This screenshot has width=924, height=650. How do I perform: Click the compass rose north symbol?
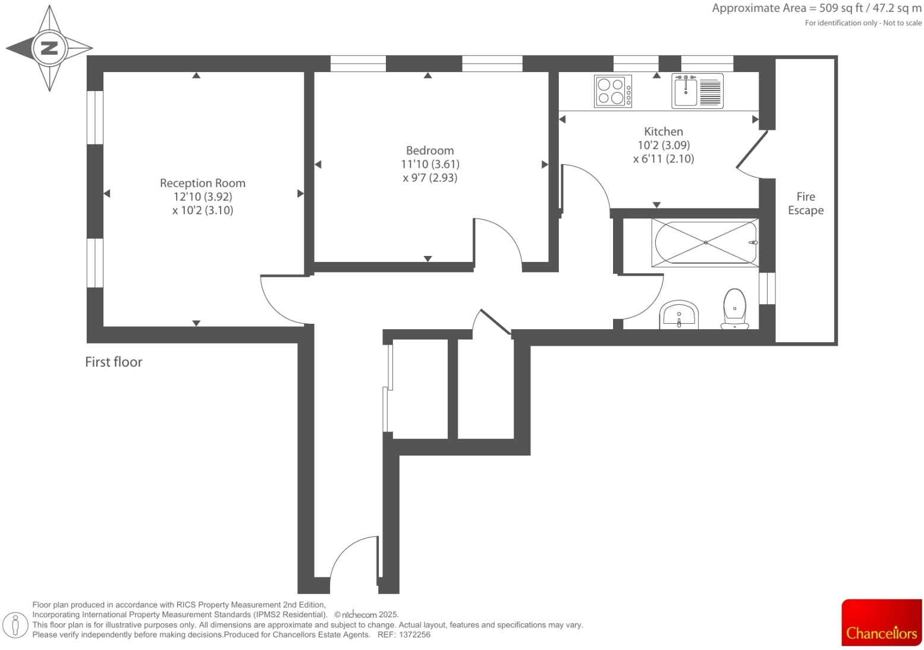click(x=49, y=48)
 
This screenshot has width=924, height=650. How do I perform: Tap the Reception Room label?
click(x=202, y=183)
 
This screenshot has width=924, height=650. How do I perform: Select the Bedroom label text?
click(x=429, y=151)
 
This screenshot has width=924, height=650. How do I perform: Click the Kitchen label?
click(x=663, y=132)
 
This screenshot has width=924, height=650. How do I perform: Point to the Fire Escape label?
click(x=805, y=203)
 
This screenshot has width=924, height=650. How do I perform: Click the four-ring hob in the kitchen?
click(x=612, y=91)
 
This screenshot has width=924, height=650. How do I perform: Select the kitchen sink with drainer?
click(x=697, y=91)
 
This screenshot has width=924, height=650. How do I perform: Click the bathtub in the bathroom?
click(x=705, y=243)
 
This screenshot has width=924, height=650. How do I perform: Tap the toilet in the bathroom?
click(x=735, y=309)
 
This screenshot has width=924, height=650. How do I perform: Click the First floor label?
click(x=114, y=362)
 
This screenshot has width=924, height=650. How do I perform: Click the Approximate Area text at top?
click(x=816, y=8)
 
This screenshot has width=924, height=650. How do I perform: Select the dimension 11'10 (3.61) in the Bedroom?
click(x=429, y=164)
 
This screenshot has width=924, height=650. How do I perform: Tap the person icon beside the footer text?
click(x=16, y=625)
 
